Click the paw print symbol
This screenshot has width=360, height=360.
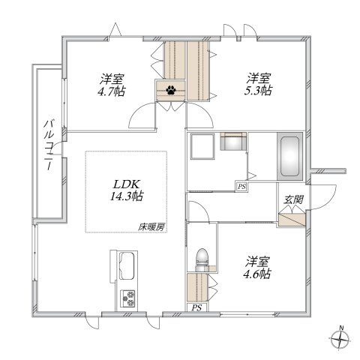point(171,90)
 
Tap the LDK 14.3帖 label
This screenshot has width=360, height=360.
point(127,190)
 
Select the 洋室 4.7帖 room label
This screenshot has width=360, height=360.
point(112,85)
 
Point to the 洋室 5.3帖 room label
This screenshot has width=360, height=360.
point(258,84)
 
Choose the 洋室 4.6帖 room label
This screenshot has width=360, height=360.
point(257,268)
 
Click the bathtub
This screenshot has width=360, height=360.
point(289,157)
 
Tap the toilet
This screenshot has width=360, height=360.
point(202,260)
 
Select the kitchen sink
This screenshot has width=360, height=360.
point(127,265)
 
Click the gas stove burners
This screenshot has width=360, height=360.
point(127,298)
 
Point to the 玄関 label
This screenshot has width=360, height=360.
point(293,199)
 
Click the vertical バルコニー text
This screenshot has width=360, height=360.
point(49,145)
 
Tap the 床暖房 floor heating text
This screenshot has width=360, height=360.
point(151,227)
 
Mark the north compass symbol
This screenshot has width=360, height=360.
point(340,339)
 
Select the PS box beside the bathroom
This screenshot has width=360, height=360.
point(241,186)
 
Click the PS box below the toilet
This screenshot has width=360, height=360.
point(196,307)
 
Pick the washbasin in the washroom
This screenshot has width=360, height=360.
point(233,141)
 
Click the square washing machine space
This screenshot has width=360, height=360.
point(202,146)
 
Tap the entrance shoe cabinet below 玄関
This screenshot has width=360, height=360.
point(292,220)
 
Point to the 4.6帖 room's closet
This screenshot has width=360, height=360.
point(197,288)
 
